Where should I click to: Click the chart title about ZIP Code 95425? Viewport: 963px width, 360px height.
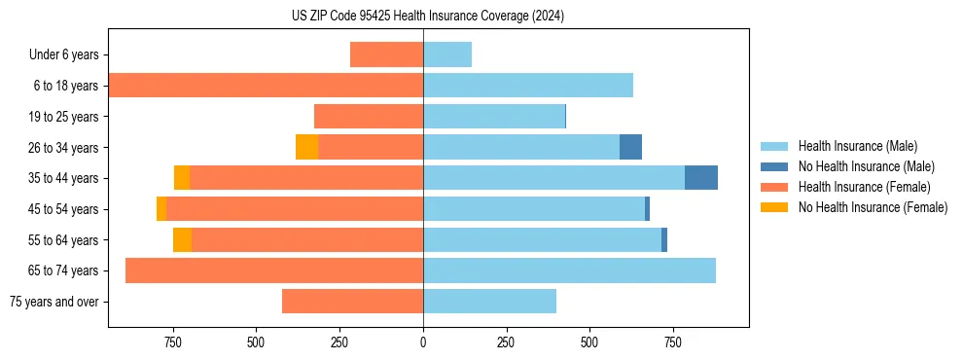pos(428,16)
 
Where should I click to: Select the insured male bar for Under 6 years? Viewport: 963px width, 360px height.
pos(447,55)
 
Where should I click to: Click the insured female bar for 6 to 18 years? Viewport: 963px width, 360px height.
pos(266,86)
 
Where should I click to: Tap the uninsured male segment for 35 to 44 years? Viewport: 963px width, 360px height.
pos(701,178)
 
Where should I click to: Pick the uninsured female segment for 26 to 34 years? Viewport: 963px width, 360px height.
pos(306,147)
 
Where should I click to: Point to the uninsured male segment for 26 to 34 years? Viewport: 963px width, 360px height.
pos(630,147)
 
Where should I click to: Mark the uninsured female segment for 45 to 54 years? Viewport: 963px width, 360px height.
pos(161,208)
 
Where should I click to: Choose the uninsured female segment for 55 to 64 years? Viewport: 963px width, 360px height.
pos(182,239)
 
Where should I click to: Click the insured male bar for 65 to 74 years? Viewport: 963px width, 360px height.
pos(569,270)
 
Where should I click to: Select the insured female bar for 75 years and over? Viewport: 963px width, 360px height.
pos(352,301)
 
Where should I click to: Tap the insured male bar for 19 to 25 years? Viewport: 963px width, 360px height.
pos(494,117)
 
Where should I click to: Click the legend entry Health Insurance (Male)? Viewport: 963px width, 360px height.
pos(857,146)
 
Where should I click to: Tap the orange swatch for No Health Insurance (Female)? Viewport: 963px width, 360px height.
pos(774,207)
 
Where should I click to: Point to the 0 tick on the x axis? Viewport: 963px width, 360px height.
pos(423,342)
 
